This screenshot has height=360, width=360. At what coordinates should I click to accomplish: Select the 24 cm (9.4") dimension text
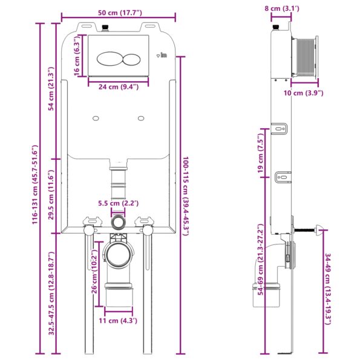click(x=119, y=87)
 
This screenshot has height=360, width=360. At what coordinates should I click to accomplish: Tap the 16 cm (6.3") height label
click(x=77, y=56)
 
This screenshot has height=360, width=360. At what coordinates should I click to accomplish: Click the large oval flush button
click(x=108, y=60)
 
